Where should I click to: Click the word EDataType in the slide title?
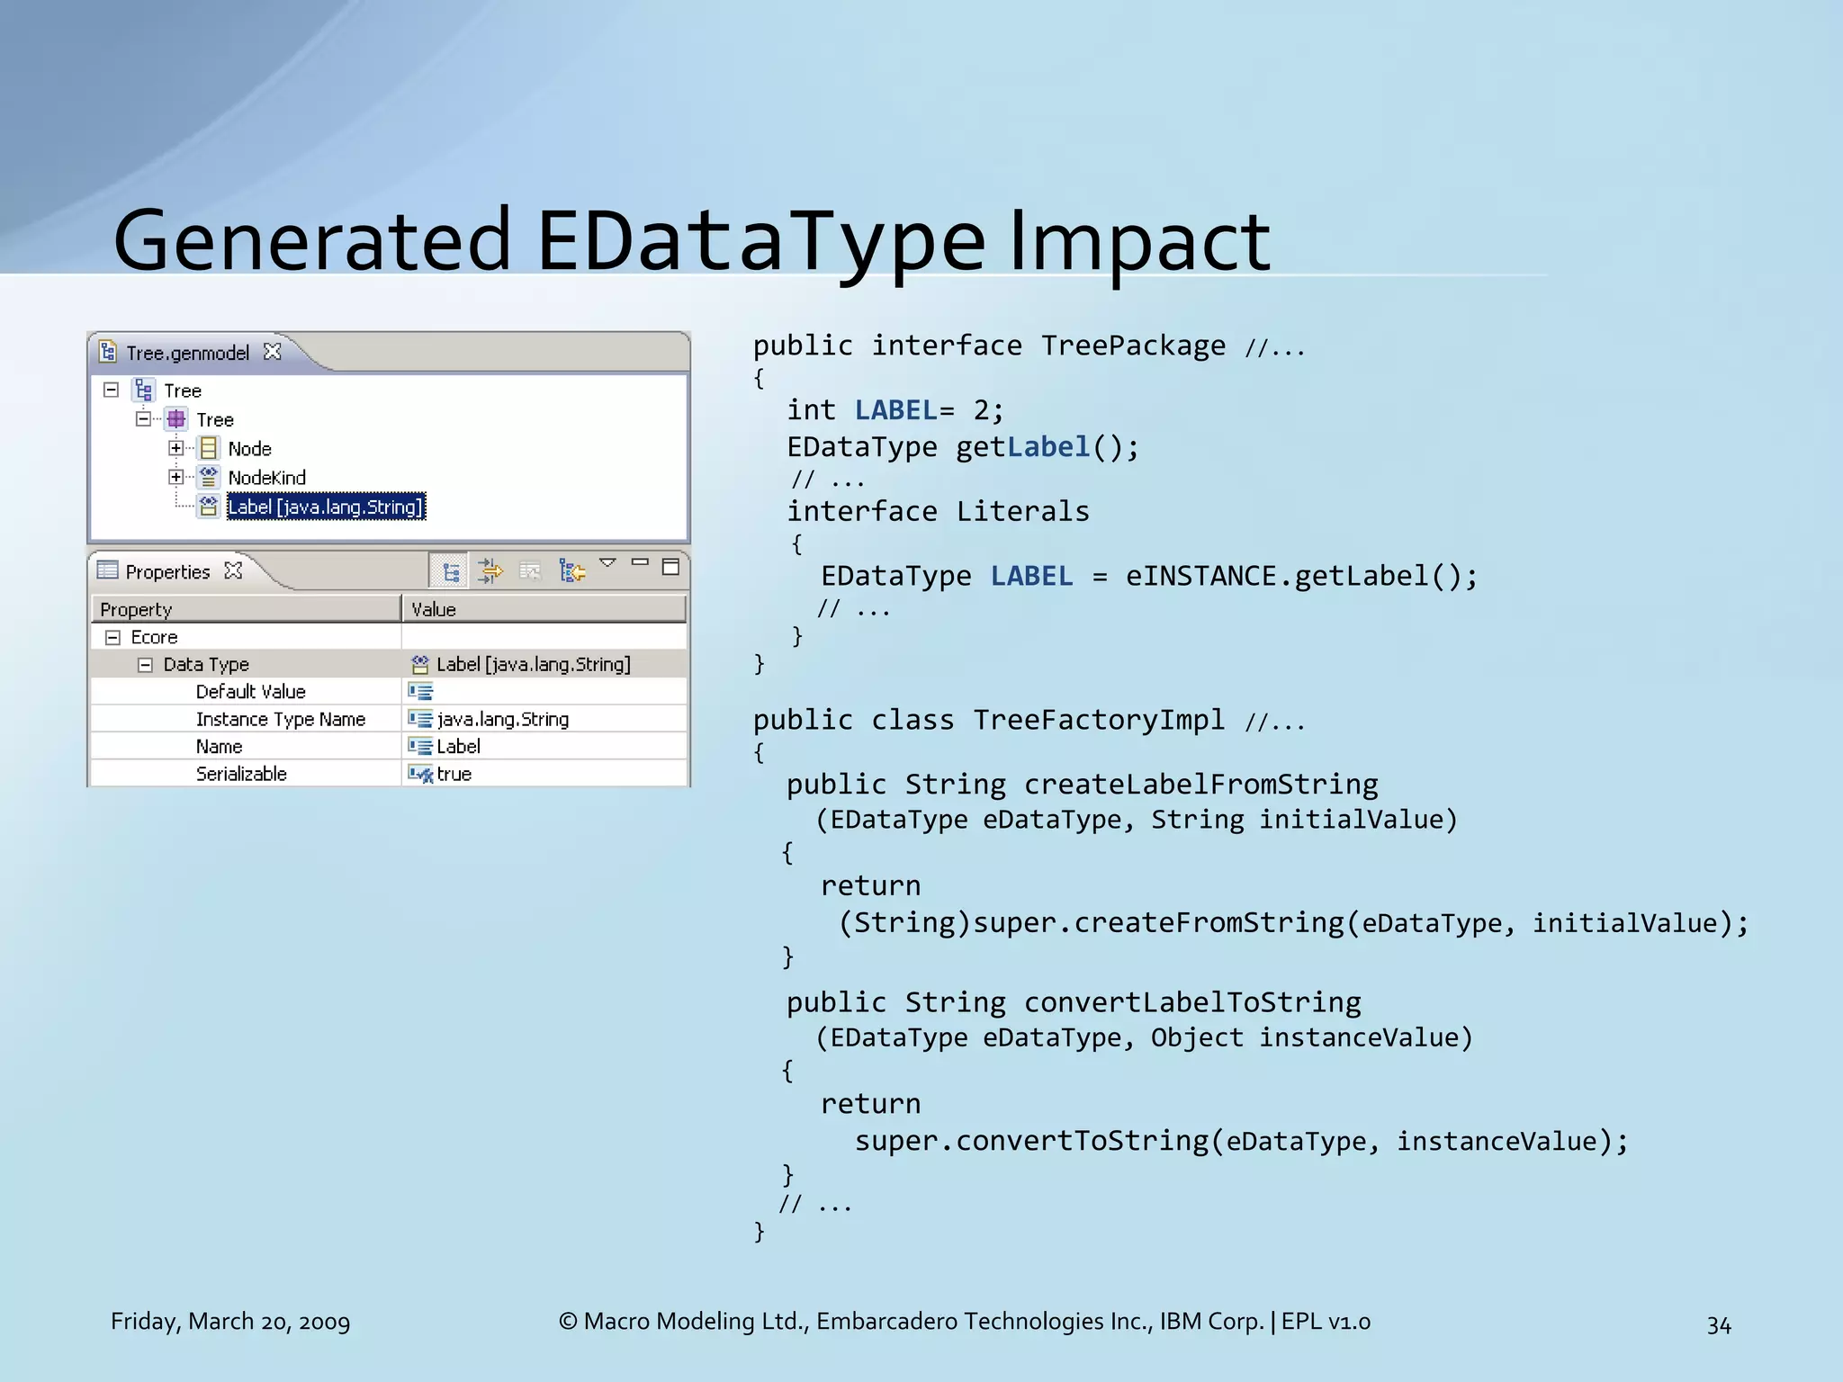tap(760, 241)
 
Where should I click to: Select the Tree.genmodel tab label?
tap(187, 353)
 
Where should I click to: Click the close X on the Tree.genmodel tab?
tap(273, 352)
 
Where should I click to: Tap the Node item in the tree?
tap(249, 448)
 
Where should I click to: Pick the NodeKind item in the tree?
tap(266, 478)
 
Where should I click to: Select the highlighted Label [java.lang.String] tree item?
tap(325, 507)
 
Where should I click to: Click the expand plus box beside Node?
tap(176, 448)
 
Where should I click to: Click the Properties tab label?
tap(167, 571)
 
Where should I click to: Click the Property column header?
tap(136, 609)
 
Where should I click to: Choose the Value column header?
tap(434, 609)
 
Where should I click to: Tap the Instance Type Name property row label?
tap(280, 719)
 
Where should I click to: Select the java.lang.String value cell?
tap(502, 719)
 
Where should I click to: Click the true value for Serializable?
tap(454, 774)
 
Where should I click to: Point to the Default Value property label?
tap(250, 691)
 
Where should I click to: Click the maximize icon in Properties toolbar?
tap(670, 566)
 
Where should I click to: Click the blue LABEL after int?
tap(895, 410)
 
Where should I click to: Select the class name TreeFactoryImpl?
tap(1099, 720)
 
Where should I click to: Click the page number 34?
tap(1718, 1324)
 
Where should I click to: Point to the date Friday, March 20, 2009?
tap(230, 1321)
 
